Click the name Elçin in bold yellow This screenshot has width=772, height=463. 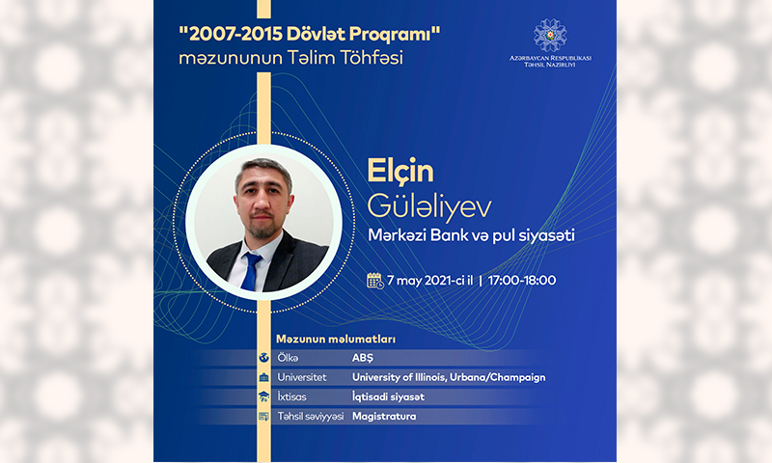point(400,172)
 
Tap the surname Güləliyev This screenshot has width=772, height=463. point(429,206)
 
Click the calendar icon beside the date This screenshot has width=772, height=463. point(375,281)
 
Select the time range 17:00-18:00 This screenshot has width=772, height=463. point(522,281)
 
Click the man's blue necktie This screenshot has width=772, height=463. point(251,271)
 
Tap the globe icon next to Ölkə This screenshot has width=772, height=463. point(263,358)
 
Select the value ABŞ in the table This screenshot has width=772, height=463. point(363,358)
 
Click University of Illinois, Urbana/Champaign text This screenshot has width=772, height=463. point(449,377)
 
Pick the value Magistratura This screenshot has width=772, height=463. point(384,417)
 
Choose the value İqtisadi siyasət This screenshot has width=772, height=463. point(388,397)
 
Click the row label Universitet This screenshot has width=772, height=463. point(302,377)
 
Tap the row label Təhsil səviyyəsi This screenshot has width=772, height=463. point(310,417)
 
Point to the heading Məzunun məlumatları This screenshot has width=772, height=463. point(336,339)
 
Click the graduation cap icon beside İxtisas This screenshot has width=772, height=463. point(263,396)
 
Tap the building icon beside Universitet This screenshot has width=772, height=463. point(263,377)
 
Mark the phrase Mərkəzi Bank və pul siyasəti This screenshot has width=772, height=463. point(471,235)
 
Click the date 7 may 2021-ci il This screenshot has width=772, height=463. point(429,281)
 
